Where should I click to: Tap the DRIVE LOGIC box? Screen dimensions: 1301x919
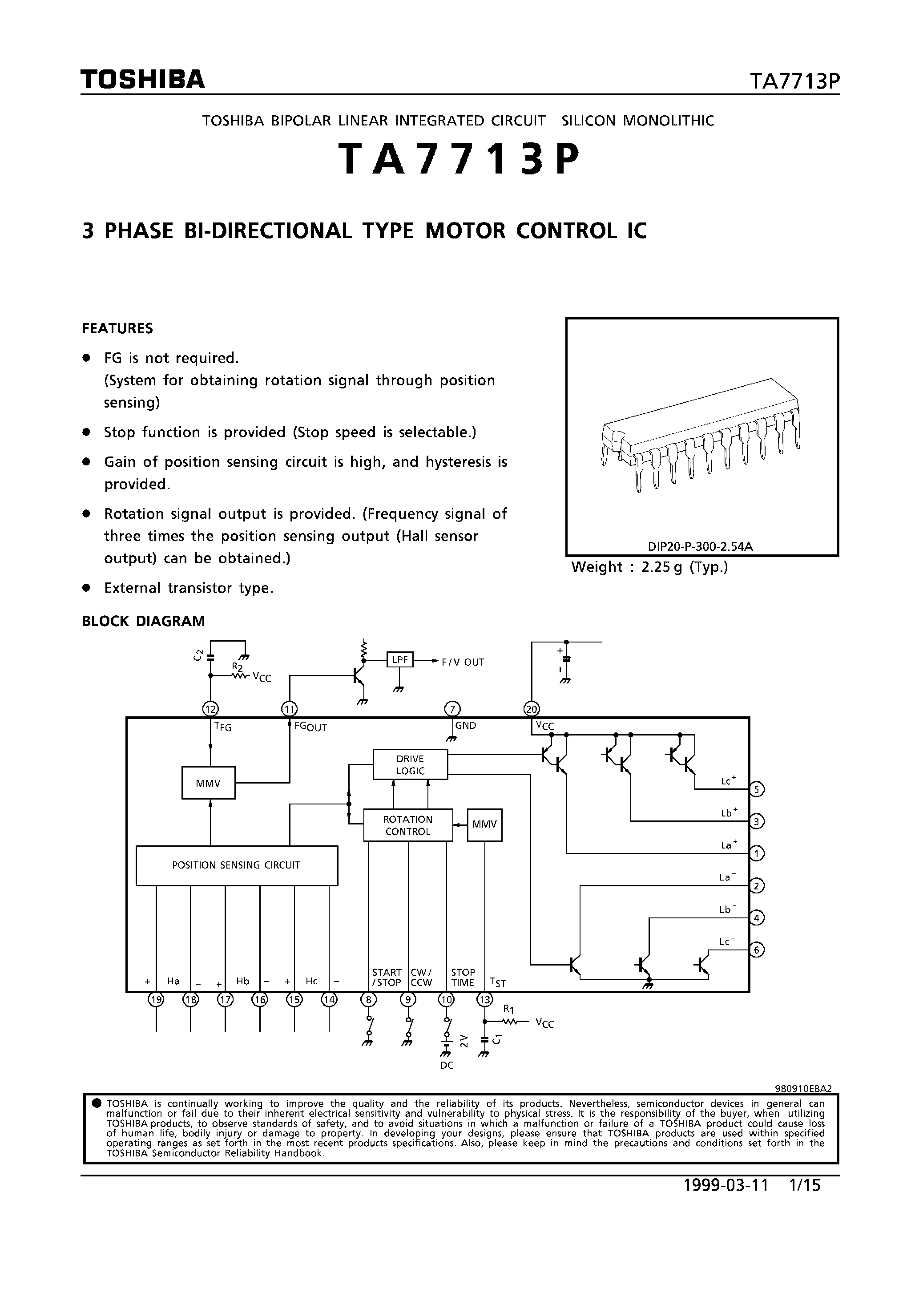[410, 764]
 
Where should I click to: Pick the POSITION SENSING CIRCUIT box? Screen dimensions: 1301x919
[236, 865]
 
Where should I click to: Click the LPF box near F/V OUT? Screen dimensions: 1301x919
[400, 659]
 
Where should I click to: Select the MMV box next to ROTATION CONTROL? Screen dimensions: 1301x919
[484, 824]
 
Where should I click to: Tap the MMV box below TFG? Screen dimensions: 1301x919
[208, 783]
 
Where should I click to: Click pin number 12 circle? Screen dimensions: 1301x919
[211, 709]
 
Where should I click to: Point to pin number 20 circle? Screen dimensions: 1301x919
[532, 709]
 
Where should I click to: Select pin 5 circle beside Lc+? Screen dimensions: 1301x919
[757, 789]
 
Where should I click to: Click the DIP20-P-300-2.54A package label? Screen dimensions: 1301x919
[700, 547]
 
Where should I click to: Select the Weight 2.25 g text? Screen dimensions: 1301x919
[649, 567]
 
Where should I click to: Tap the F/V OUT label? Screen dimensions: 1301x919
[463, 662]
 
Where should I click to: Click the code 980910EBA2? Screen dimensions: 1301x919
[803, 1088]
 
